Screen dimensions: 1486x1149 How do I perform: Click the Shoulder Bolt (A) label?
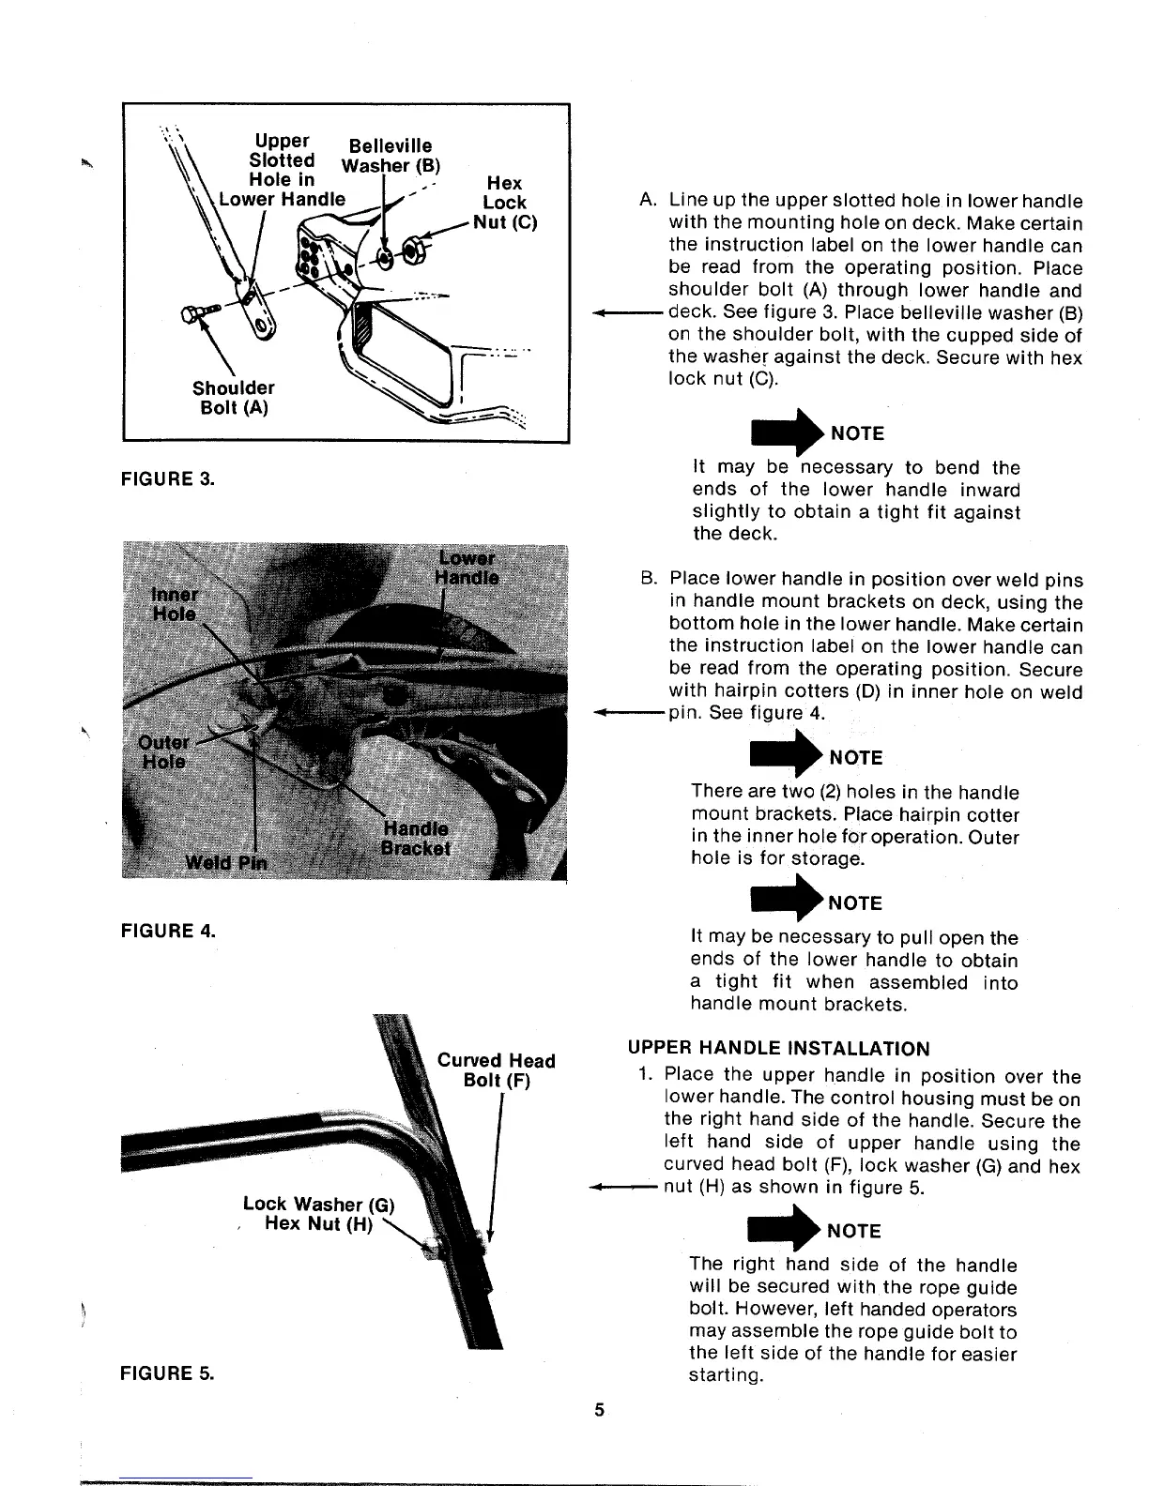click(x=233, y=399)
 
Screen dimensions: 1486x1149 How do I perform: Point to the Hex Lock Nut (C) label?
click(x=505, y=203)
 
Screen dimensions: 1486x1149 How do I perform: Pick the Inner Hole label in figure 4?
click(x=175, y=604)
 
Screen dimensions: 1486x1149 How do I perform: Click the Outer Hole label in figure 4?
click(x=163, y=751)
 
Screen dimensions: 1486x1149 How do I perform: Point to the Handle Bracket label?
click(x=416, y=839)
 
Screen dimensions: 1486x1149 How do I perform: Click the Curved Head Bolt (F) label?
click(x=497, y=1070)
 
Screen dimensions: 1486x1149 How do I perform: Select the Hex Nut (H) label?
click(x=319, y=1224)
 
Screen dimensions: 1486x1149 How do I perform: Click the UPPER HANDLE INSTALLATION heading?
click(x=778, y=1049)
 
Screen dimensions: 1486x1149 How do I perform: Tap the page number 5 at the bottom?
click(x=599, y=1410)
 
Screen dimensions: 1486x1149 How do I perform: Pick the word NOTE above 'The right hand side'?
click(x=855, y=1231)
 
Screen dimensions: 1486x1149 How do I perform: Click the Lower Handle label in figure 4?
click(x=468, y=568)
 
